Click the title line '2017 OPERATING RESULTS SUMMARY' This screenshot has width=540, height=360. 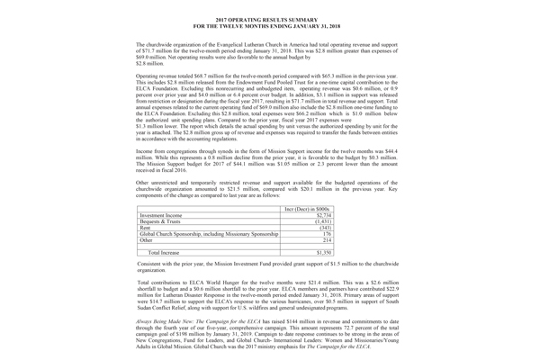(269, 18)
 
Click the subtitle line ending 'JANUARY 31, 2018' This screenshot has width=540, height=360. (269, 25)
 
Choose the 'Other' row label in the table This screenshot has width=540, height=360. (148, 249)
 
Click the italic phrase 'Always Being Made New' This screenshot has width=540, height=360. (166, 320)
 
